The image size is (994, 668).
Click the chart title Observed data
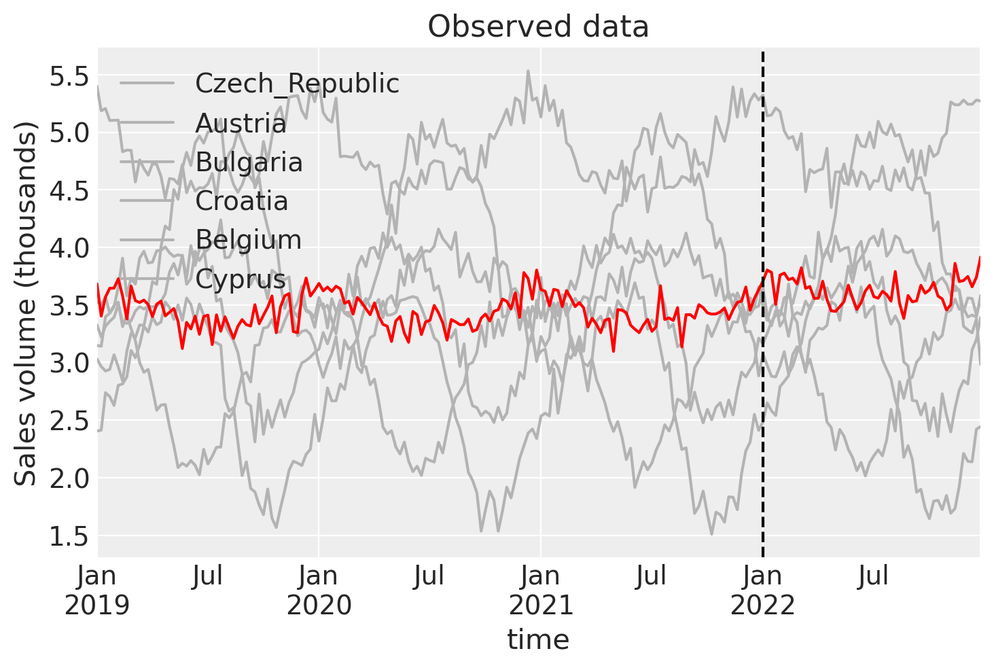click(538, 27)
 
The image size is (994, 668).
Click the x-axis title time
click(538, 639)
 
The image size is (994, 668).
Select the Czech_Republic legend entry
click(297, 84)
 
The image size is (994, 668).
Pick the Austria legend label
click(241, 124)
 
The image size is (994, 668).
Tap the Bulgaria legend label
click(249, 162)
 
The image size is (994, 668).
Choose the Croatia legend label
click(241, 201)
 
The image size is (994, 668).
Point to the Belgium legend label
click(248, 240)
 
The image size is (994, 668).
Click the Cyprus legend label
click(241, 279)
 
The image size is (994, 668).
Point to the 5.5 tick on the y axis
click(70, 76)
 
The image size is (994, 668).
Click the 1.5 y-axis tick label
click(70, 536)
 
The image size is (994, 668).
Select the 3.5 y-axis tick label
click(70, 306)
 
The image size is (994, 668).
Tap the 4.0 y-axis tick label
click(70, 248)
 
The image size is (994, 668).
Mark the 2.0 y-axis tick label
click(70, 478)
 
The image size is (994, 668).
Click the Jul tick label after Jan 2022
click(873, 577)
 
